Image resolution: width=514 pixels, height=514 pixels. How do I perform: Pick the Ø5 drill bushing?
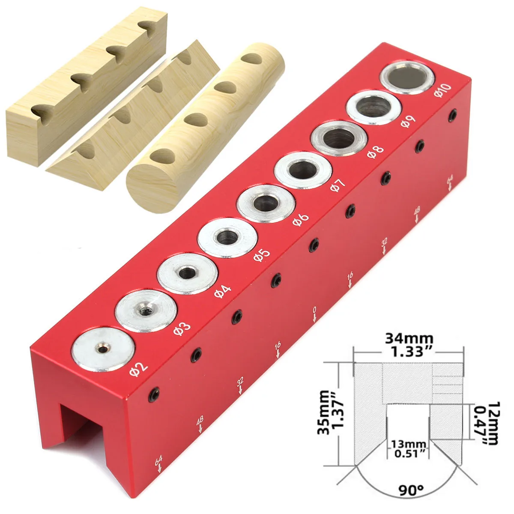point(227,238)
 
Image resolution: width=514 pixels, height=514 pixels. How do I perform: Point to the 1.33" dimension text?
point(409,352)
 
